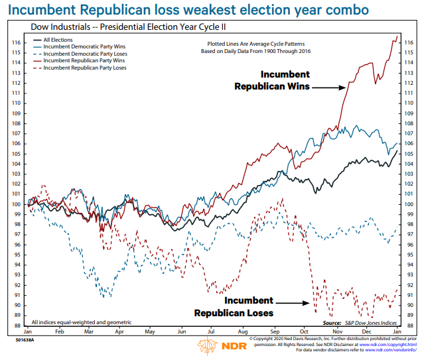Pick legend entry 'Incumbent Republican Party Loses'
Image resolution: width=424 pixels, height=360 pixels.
click(x=84, y=68)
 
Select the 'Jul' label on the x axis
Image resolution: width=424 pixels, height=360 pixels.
click(x=211, y=331)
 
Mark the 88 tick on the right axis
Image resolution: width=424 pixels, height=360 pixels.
click(x=409, y=326)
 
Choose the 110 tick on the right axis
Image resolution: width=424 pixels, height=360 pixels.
click(x=409, y=103)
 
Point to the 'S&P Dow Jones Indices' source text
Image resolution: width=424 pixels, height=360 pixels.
click(x=372, y=322)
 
